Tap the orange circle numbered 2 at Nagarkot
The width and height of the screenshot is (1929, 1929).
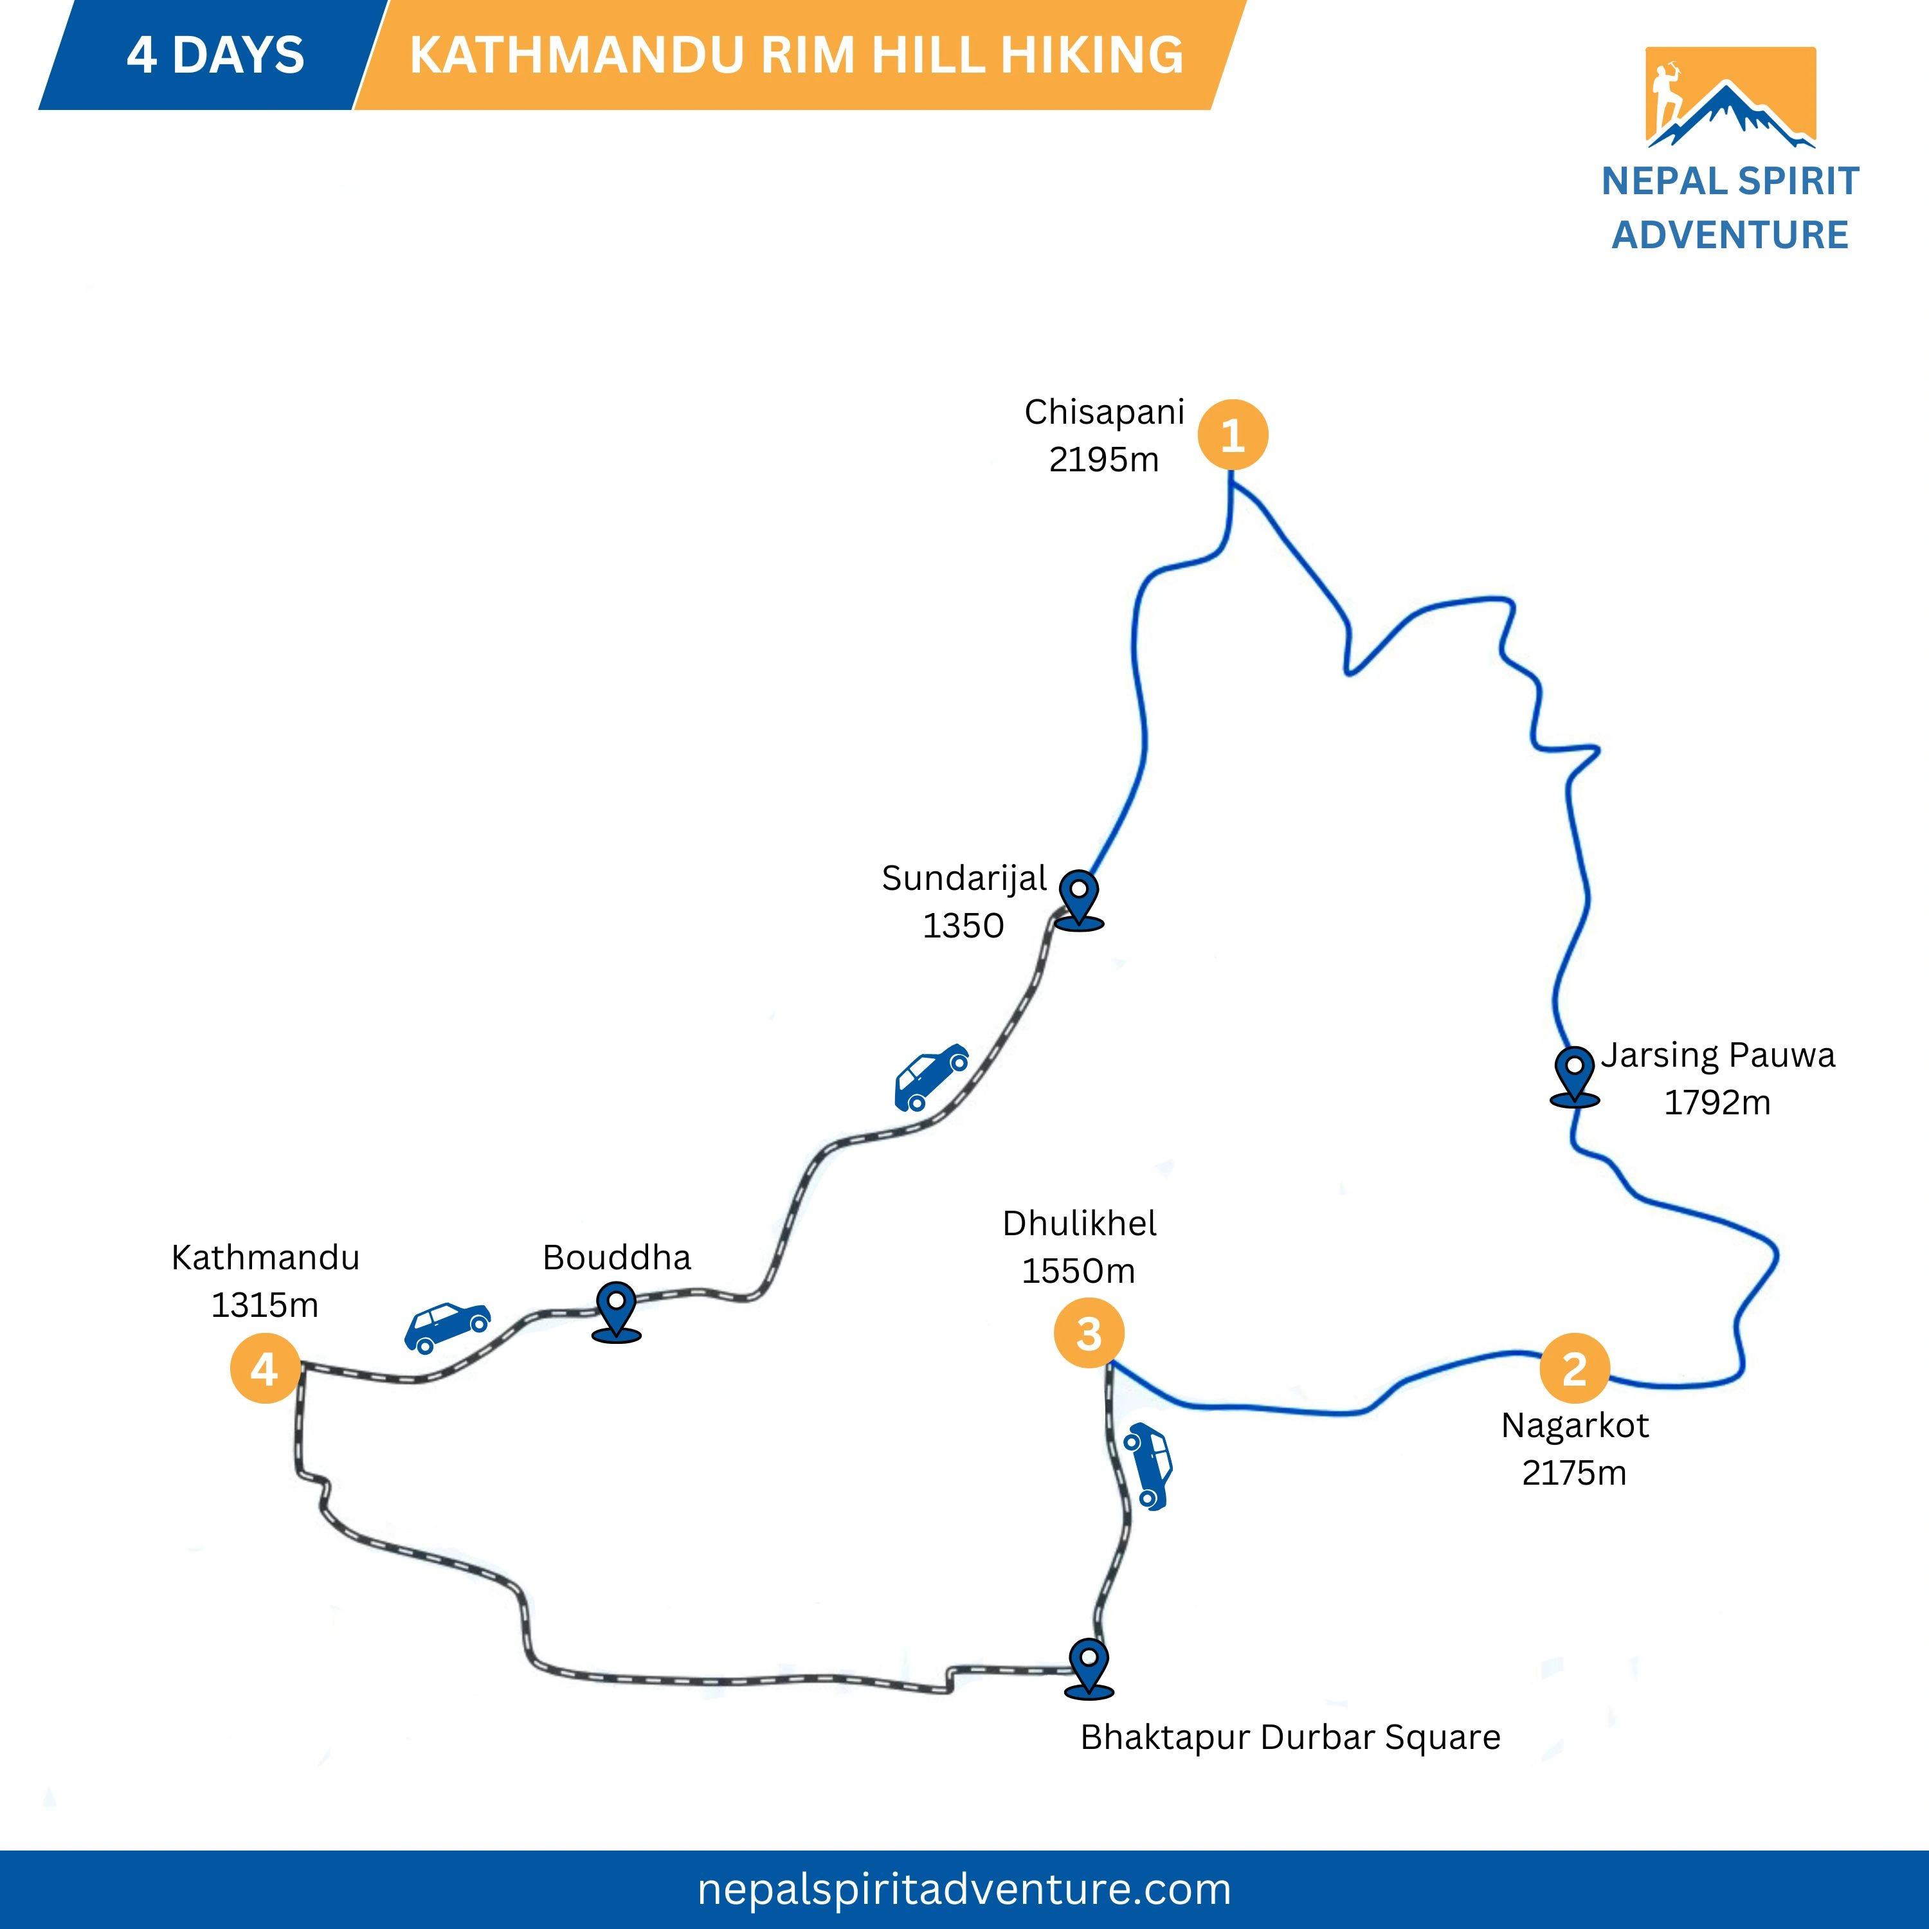click(1575, 1369)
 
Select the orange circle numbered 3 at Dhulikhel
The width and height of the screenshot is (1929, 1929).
click(1089, 1333)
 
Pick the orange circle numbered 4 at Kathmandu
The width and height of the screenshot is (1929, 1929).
click(264, 1369)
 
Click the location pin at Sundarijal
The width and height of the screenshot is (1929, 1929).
click(1080, 899)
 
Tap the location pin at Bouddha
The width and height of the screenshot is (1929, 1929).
click(616, 1310)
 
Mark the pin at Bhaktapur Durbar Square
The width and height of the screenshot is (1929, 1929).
click(1089, 1667)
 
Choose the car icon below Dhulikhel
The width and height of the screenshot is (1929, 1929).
click(1148, 1466)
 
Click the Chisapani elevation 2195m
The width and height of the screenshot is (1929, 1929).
click(1103, 459)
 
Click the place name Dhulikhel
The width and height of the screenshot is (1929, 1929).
click(1080, 1223)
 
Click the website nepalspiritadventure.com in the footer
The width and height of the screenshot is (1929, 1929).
click(963, 1889)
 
